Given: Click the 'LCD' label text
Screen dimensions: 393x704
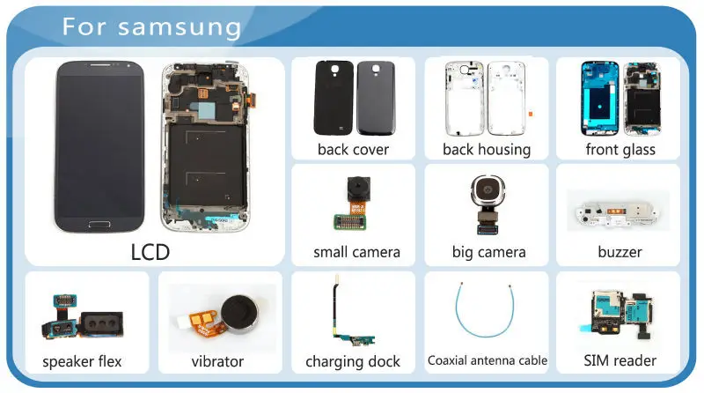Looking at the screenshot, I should (150, 252).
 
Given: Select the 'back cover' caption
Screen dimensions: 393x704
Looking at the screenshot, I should (353, 149).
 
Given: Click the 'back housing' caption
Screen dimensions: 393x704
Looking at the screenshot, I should (487, 149).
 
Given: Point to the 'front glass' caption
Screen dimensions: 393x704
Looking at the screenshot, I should (620, 149).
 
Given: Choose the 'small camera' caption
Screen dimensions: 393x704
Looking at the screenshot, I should (356, 252).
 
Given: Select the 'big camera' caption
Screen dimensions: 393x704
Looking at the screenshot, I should (488, 252).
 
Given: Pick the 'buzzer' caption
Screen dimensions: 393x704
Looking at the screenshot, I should (620, 252).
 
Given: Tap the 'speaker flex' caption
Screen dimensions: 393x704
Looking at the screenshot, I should (82, 361).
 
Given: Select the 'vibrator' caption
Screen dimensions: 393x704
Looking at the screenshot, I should (217, 361).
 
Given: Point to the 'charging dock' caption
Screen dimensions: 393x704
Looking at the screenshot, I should (353, 361).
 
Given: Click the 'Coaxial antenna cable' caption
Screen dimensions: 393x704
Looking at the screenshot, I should (487, 360).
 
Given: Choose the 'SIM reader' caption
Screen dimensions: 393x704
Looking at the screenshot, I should (620, 360).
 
